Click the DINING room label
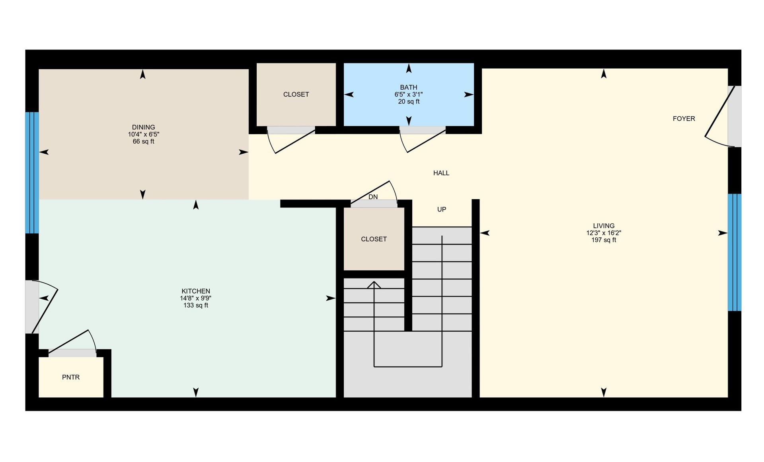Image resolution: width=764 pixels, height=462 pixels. coord(143,127)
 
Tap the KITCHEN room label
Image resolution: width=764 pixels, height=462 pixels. coord(196,291)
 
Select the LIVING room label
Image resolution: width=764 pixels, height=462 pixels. coord(604,226)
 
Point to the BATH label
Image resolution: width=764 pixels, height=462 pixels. coord(409,87)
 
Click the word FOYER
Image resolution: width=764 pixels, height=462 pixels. coord(684,119)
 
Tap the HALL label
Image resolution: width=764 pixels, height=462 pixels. coord(441,173)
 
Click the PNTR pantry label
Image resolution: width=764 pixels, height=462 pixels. coord(71,377)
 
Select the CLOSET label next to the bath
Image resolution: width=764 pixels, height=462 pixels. coord(296,94)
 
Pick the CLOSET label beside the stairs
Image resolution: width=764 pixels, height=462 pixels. coord(374,239)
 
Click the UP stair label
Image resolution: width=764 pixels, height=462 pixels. coord(442,209)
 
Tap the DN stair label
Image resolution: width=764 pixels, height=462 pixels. coord(373,197)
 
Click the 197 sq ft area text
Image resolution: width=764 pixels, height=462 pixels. coord(604,240)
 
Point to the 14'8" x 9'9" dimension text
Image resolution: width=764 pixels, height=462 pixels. coord(196,298)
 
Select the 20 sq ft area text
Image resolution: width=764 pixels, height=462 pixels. coord(409,102)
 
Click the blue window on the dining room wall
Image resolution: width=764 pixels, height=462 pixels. coord(32,172)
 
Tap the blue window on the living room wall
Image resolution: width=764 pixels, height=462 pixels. coord(735,252)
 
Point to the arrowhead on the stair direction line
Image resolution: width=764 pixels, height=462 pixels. coord(374,284)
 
